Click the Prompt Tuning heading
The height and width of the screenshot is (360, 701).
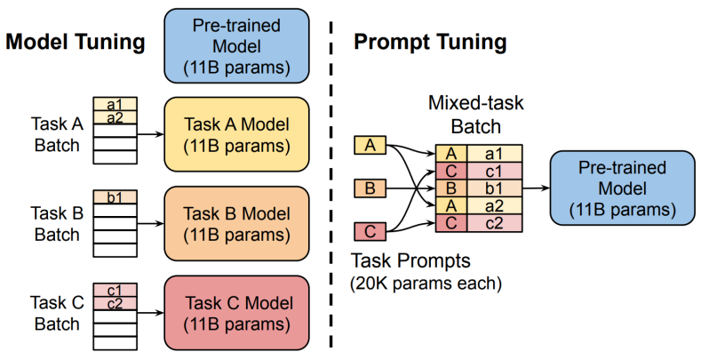(x=430, y=42)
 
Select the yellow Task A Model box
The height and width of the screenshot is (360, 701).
(x=235, y=133)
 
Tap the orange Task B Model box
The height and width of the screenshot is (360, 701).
(x=235, y=222)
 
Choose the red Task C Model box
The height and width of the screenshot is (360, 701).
(x=235, y=311)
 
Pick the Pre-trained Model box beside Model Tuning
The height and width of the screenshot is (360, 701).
(x=235, y=44)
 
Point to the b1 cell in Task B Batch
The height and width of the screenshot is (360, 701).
(x=116, y=196)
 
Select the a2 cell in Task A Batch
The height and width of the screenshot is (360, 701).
(x=116, y=118)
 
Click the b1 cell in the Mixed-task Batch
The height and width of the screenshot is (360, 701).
(x=495, y=188)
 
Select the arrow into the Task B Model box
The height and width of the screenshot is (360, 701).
(x=152, y=222)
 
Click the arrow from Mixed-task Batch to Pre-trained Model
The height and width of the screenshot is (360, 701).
(x=536, y=188)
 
